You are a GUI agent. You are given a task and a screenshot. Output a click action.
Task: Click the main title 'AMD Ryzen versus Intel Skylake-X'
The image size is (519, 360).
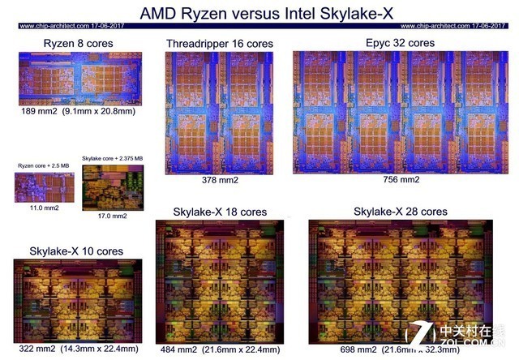coord(259,13)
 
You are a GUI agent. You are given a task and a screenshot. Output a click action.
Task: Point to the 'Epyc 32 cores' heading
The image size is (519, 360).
coord(401,42)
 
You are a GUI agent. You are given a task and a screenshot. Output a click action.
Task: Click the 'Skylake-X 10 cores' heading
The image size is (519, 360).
coord(77,251)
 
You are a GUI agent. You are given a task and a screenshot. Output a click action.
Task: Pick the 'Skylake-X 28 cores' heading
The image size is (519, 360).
coord(401,211)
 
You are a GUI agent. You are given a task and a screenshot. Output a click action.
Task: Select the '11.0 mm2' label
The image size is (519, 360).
coord(38,208)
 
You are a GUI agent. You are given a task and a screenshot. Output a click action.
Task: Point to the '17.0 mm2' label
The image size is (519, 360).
coord(112,216)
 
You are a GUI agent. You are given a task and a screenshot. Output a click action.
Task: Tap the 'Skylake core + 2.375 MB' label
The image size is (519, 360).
coord(112,157)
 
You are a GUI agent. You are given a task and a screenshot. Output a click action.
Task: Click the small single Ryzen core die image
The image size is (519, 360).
coord(38,186)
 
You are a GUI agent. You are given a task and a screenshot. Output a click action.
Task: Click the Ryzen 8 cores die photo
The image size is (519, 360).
coord(79,79)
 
